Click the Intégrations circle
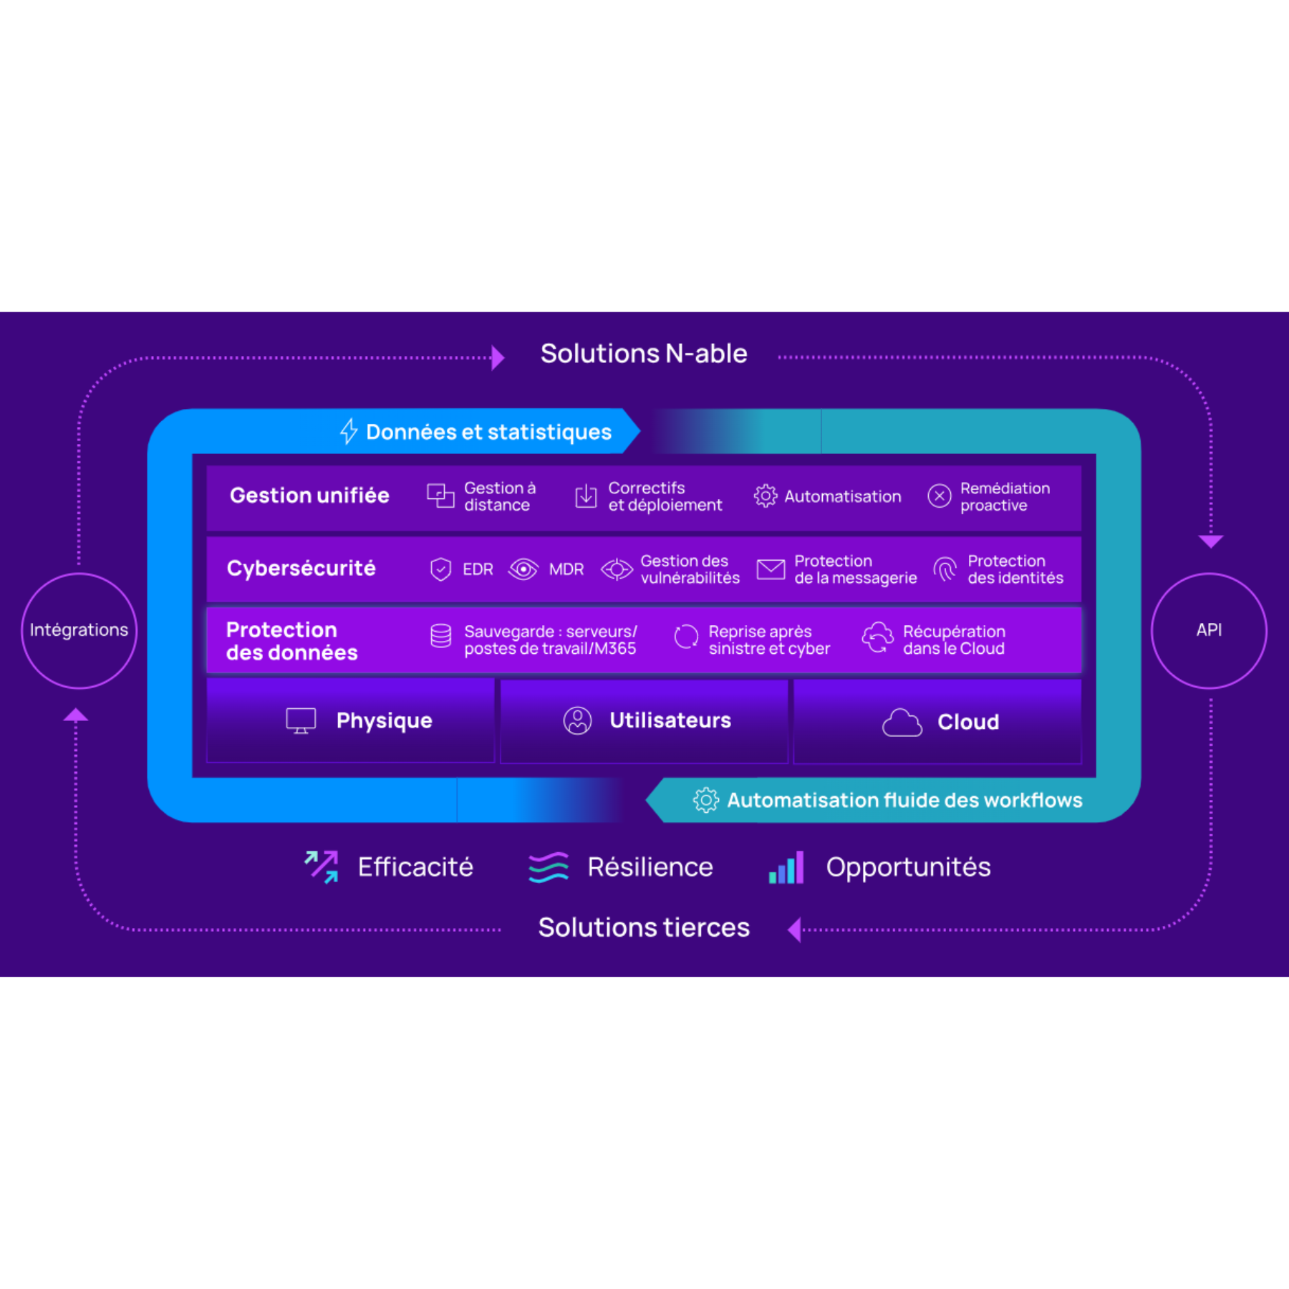coord(79,630)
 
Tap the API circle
coord(1209,630)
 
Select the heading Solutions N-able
coord(643,354)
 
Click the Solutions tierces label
coord(643,927)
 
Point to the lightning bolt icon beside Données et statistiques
coord(349,431)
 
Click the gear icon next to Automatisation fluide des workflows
coord(705,800)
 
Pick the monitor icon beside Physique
coord(301,720)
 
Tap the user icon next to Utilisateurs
coord(577,720)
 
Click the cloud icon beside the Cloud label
coord(902,723)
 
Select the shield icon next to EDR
coord(440,569)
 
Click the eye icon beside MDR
coord(523,569)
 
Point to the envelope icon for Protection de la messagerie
coord(771,569)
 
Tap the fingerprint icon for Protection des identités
coord(945,569)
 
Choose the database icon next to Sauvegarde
coord(440,635)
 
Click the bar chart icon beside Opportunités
coord(786,867)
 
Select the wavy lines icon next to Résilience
coord(549,867)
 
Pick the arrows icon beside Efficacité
coord(322,866)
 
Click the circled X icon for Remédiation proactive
coord(939,496)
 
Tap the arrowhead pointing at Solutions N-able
coord(498,357)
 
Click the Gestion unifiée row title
coord(309,496)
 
